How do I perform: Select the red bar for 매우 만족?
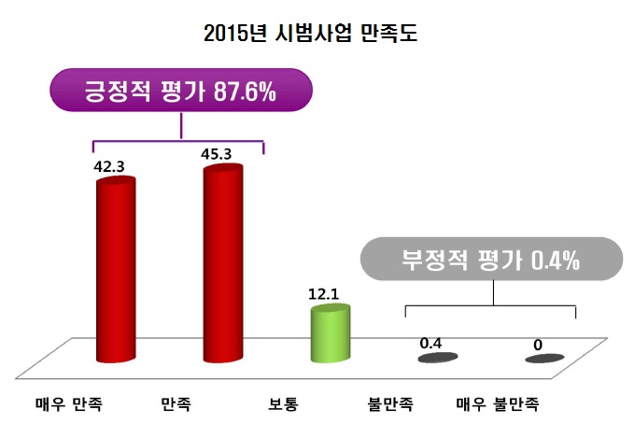click(116, 271)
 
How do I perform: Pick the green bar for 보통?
click(330, 332)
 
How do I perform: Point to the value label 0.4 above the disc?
click(430, 343)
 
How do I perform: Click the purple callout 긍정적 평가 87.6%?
click(180, 93)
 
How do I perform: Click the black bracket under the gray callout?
click(491, 305)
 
